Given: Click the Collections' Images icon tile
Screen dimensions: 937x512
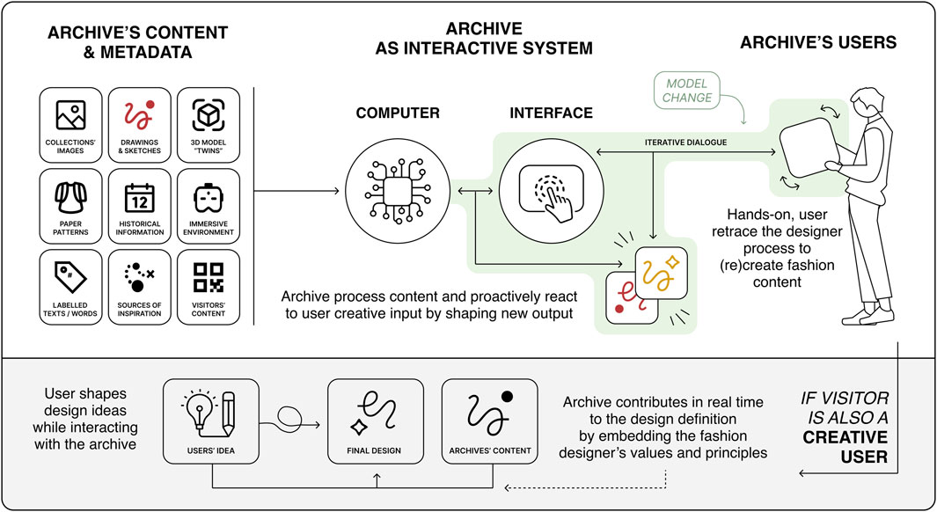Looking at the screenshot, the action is tap(70, 125).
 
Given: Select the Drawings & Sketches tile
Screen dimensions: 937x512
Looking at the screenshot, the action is tap(139, 125).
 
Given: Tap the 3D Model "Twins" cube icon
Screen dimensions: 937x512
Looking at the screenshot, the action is tap(208, 114).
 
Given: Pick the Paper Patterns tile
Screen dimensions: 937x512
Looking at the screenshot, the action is tap(70, 206).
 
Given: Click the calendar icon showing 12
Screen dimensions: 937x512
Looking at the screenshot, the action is tap(139, 198).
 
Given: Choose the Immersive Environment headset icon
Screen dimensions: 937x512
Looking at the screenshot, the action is tap(208, 198).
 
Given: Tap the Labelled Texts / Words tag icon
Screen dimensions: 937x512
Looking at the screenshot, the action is tap(70, 277).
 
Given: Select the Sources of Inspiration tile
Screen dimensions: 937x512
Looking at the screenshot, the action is tap(139, 288).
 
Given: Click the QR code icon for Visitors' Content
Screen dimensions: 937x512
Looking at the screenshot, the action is tap(208, 278).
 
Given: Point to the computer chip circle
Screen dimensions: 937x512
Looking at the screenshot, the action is tap(398, 191).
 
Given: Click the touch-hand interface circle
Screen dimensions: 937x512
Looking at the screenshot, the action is tap(551, 191).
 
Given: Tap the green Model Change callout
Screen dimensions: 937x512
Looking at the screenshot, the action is tap(686, 91).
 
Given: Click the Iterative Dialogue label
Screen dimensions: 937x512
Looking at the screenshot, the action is tap(685, 143).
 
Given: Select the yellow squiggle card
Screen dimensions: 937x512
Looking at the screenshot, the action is tap(661, 273).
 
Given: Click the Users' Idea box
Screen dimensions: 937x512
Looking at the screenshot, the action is tap(211, 421).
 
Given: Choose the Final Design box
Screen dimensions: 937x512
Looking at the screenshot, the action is tap(376, 421).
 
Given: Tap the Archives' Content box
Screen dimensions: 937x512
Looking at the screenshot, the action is tap(489, 421).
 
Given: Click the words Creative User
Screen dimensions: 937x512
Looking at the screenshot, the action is tap(845, 447).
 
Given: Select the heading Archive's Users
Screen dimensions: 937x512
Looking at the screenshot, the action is tap(818, 42).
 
